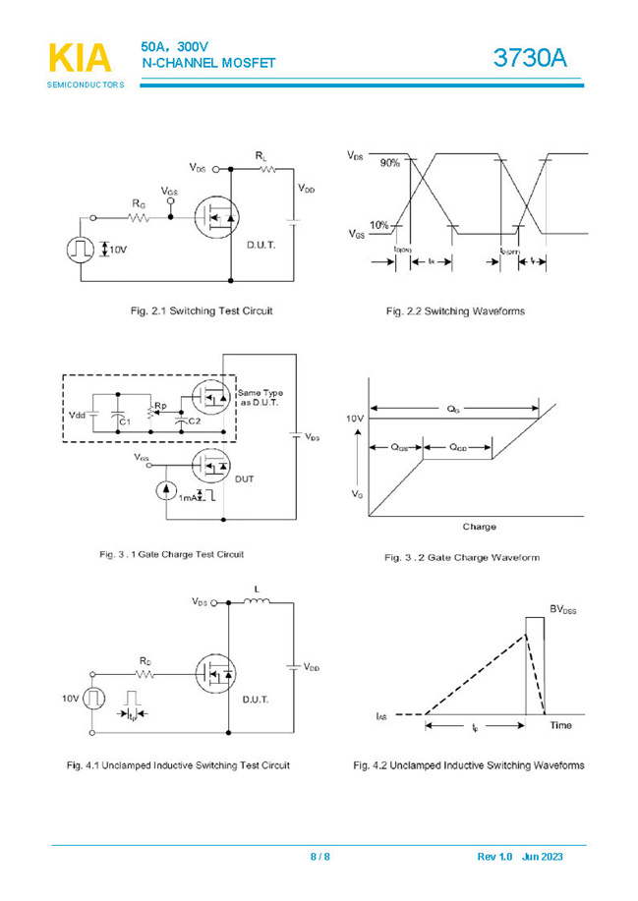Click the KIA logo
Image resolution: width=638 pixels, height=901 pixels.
80,59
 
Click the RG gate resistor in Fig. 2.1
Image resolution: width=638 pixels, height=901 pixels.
140,218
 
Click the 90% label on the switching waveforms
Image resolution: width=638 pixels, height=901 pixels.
390,163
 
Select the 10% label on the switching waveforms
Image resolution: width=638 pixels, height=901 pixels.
379,226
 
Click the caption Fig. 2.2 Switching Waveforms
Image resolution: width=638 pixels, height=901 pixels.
454,311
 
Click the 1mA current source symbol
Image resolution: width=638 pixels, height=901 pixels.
166,490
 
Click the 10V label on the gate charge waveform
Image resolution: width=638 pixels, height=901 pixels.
355,420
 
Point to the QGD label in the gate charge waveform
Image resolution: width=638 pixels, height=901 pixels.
458,447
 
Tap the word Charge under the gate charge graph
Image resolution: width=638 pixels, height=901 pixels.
479,527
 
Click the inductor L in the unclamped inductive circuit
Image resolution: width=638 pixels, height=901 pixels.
258,601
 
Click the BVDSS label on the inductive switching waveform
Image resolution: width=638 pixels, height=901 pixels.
562,610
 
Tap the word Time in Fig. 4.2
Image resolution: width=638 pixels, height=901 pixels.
560,725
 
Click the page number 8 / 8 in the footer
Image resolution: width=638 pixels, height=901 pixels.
319,857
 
